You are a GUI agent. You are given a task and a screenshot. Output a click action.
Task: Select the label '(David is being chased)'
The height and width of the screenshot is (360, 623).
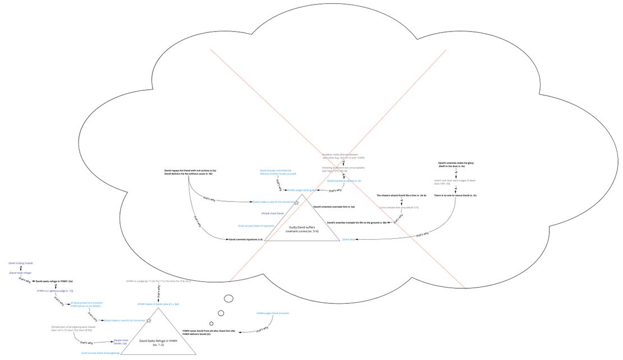pyautogui.click(x=20, y=263)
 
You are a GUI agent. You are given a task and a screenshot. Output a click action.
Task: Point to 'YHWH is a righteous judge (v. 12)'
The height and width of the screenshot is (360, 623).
pyautogui.click(x=55, y=291)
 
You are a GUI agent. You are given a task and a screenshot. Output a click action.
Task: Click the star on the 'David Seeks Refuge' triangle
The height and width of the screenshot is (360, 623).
pyautogui.click(x=149, y=321)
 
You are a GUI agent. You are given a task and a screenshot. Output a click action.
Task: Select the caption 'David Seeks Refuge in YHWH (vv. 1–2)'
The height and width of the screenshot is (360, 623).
pyautogui.click(x=158, y=343)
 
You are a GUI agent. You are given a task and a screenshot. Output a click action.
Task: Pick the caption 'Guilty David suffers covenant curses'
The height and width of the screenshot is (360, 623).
pyautogui.click(x=302, y=229)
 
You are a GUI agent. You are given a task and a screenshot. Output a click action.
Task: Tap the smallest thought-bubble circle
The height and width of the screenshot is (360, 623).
pyautogui.click(x=212, y=323)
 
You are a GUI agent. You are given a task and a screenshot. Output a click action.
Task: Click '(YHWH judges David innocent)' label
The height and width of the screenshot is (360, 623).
pyautogui.click(x=273, y=313)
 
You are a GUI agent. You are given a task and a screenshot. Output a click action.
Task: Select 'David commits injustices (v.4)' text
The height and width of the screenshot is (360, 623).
pyautogui.click(x=245, y=239)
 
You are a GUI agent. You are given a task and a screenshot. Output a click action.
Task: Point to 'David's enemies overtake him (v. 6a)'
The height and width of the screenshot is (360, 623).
pyautogui.click(x=333, y=207)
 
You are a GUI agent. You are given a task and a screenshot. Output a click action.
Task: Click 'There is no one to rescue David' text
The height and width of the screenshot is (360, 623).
pyautogui.click(x=455, y=195)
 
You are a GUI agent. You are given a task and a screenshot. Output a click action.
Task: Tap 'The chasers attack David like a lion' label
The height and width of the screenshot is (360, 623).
pyautogui.click(x=401, y=195)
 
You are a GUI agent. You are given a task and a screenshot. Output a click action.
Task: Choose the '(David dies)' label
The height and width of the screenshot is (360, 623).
pyautogui.click(x=349, y=239)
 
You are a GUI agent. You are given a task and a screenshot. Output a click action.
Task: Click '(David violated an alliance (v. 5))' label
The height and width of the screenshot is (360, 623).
pyautogui.click(x=343, y=181)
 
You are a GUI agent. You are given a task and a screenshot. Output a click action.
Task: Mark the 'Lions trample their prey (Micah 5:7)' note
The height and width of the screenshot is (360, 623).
pyautogui.click(x=398, y=208)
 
